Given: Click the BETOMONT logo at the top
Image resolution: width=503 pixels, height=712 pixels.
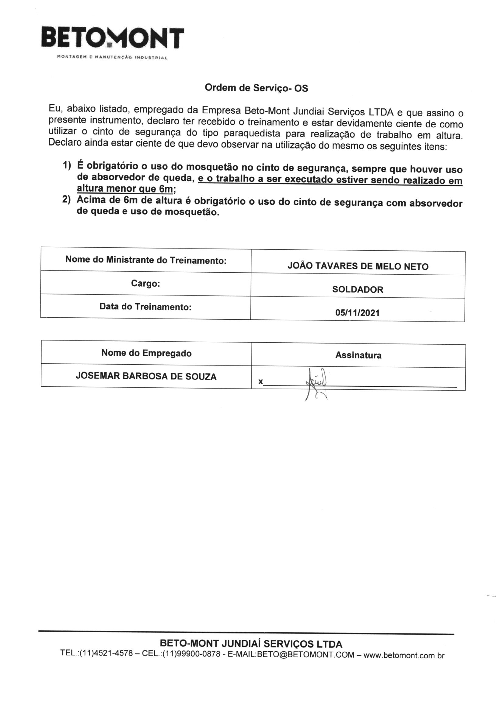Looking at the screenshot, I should (x=113, y=38).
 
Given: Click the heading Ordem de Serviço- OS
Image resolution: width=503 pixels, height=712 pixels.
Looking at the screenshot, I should (x=256, y=88).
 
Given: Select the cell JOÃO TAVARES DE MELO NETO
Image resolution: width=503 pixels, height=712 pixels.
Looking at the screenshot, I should (x=358, y=266).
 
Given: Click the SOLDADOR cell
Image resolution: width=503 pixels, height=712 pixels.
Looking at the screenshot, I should (x=358, y=290).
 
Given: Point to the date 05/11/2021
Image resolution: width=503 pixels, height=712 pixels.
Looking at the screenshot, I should (x=357, y=312).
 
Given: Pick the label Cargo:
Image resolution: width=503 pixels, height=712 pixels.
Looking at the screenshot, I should (x=145, y=284).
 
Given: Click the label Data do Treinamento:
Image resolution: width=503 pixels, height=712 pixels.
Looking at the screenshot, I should (x=145, y=307).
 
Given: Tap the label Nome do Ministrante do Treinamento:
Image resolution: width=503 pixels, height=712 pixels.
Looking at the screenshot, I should (x=146, y=260).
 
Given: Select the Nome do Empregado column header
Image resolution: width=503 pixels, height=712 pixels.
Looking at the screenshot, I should (x=146, y=353).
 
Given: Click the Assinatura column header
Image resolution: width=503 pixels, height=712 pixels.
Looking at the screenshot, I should (x=358, y=355).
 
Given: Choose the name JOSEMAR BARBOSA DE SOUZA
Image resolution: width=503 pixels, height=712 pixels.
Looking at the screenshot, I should (x=146, y=376).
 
